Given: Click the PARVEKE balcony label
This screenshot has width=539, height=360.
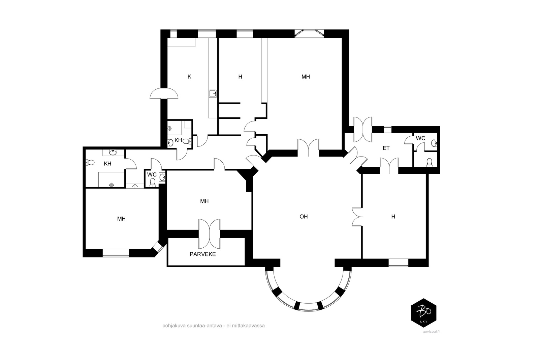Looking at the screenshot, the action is click(202, 254).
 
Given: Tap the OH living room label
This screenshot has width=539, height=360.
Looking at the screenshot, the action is click(304, 217).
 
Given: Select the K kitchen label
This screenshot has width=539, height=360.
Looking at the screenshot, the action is click(189, 77).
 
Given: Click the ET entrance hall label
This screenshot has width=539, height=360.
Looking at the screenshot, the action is click(386, 148).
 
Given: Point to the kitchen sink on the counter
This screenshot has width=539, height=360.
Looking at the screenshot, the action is click(213, 93).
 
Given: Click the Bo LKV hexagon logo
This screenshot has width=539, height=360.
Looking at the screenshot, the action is click(423, 313).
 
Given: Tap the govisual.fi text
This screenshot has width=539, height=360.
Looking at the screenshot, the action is click(431, 332).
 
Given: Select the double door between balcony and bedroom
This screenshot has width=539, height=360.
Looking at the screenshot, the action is click(209, 234).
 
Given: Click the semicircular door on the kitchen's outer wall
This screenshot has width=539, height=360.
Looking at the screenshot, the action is click(164, 93).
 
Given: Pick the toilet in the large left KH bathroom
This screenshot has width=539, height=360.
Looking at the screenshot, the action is click(90, 162).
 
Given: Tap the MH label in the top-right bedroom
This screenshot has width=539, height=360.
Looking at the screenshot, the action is click(306, 77).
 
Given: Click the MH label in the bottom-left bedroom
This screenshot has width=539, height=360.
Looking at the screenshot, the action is click(121, 219).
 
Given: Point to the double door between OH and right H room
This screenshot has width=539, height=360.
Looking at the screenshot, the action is click(357, 217).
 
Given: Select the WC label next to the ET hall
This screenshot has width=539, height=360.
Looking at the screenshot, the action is click(420, 138).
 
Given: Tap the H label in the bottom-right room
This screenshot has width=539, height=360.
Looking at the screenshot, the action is click(393, 217).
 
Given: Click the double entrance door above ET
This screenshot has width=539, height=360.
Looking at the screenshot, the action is click(362, 130).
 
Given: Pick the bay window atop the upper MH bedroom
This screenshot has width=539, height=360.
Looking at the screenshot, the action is click(309, 33).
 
